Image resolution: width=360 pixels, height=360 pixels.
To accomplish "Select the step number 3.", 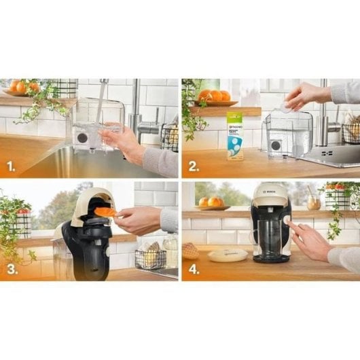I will click(11, 270).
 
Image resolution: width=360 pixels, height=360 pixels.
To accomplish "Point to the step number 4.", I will click(193, 270).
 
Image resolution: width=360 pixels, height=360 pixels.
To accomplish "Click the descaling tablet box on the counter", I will click(235, 136).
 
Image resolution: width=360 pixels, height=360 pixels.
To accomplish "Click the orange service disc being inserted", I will click(106, 212).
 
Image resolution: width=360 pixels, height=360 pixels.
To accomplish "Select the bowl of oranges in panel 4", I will click(211, 203).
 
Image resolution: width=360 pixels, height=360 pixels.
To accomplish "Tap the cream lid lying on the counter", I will click(227, 255).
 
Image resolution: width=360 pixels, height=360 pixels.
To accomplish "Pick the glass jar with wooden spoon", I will click(313, 201).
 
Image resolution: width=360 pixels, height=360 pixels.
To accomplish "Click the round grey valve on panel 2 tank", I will click(277, 145).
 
